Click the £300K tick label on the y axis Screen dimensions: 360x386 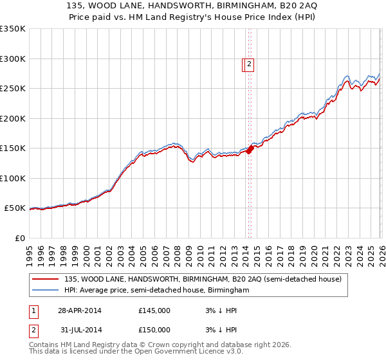coord(13,59)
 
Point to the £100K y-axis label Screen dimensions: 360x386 coord(13,178)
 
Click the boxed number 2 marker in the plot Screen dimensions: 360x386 coord(250,64)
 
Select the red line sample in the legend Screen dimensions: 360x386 coord(46,279)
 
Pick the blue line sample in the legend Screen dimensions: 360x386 coord(46,291)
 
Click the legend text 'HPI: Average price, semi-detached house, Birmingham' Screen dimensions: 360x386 coord(156,291)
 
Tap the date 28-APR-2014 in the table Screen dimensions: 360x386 coord(80,310)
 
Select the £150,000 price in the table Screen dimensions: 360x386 coord(154,330)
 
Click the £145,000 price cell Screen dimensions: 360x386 coord(154,310)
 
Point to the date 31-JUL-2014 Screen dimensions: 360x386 coord(80,330)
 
